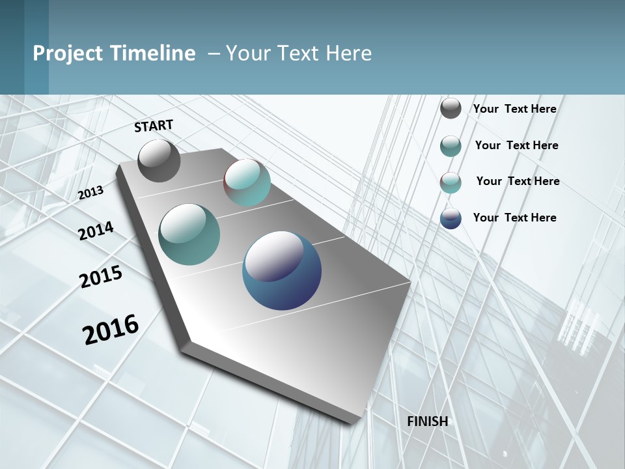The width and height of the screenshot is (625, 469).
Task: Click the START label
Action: coord(154,126)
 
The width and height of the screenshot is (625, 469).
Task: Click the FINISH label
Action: coord(428,421)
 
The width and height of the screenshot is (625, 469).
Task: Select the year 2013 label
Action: coord(91,193)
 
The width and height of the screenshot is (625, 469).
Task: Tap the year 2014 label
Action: coord(96,231)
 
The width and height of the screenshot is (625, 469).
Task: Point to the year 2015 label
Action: coord(101,277)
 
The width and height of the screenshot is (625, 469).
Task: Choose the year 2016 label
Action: coord(111,330)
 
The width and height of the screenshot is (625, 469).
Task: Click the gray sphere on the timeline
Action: coord(159,160)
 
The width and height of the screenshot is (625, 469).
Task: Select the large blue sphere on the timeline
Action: coord(282,270)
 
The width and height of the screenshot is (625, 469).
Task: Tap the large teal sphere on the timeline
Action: coord(189,234)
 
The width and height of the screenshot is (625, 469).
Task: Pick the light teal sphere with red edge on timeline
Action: coord(247,182)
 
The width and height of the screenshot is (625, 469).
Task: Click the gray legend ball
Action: coord(451,108)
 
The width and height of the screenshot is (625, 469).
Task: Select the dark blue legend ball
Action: coord(451,218)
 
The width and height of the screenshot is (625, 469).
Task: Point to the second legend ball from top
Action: coord(451,146)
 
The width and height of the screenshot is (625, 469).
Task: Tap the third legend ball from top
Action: coord(451,182)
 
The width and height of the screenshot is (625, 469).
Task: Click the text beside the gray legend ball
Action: coord(514,109)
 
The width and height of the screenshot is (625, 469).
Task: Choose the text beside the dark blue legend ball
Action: coord(514,218)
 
